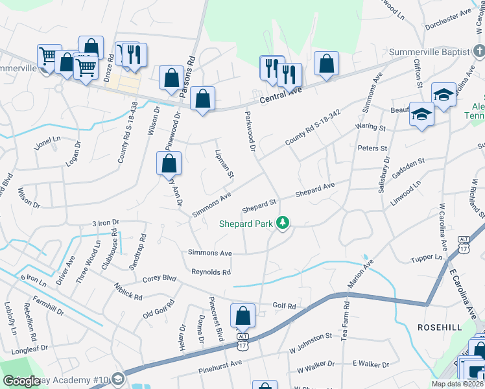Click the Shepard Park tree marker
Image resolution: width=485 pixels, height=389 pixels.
coord(282,224)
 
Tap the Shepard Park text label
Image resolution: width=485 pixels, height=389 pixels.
coord(246,224)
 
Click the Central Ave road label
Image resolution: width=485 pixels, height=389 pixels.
coord(281,95)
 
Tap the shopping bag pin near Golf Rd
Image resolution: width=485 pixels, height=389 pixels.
coord(242,316)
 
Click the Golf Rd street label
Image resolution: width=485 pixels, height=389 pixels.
coord(284,305)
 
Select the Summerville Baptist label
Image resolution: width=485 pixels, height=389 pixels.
coord(432,51)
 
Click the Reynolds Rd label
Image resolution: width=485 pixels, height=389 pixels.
coord(211,272)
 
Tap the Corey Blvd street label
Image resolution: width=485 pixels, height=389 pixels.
coord(160,279)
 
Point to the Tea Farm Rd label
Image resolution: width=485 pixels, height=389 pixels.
coord(346,318)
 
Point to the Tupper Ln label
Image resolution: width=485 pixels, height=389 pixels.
coord(426,258)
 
